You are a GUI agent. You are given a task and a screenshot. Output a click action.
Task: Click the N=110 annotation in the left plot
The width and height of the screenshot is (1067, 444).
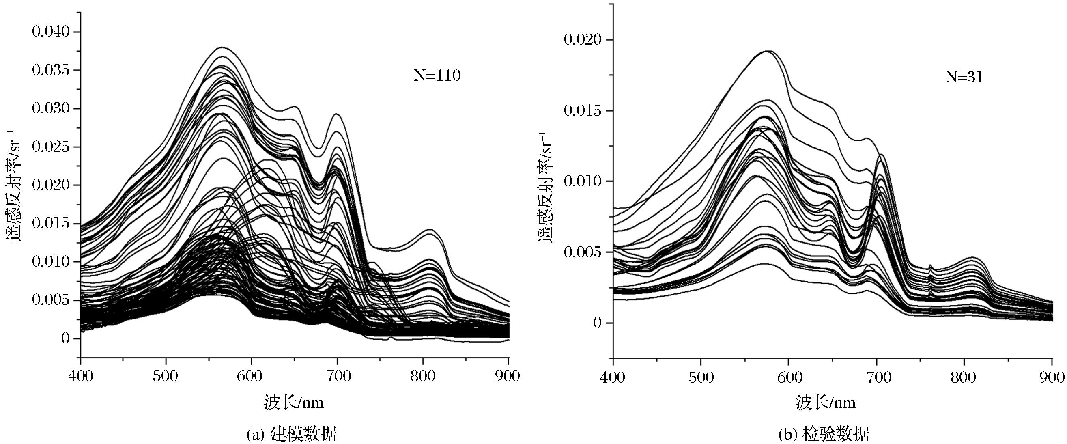pyautogui.click(x=437, y=76)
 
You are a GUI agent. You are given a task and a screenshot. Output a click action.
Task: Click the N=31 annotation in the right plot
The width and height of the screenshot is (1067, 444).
pyautogui.click(x=964, y=78)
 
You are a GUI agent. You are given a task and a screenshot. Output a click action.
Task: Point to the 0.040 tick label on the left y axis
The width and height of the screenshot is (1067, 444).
pyautogui.click(x=51, y=32)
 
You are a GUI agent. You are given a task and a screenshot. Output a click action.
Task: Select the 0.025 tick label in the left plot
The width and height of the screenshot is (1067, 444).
pyautogui.click(x=51, y=147)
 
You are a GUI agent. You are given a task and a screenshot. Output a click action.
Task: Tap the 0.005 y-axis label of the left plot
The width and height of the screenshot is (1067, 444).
pyautogui.click(x=51, y=300)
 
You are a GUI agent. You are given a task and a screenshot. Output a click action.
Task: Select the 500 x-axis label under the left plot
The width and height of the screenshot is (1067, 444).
pyautogui.click(x=166, y=376)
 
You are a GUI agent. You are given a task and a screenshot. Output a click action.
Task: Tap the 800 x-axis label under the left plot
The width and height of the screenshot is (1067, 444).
pyautogui.click(x=422, y=376)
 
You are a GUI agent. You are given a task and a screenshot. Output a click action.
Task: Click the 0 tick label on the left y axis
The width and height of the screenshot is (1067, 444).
pyautogui.click(x=65, y=338)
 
